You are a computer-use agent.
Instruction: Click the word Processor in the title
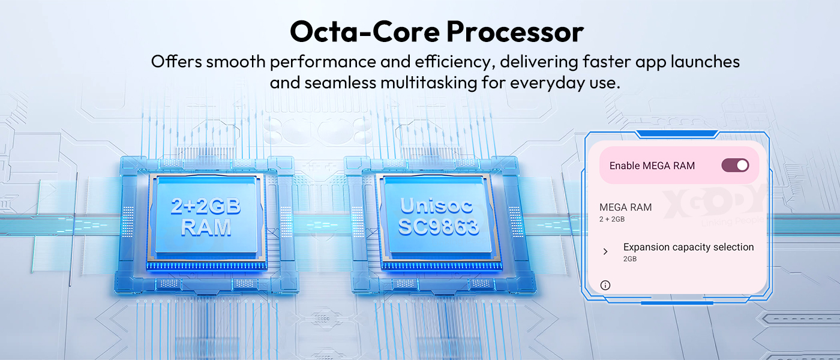click(x=515, y=32)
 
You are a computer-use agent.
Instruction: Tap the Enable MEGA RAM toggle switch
click(x=736, y=166)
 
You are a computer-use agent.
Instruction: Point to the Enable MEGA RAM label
click(x=652, y=166)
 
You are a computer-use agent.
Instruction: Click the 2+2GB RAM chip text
click(x=206, y=217)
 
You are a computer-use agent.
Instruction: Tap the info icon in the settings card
click(x=605, y=286)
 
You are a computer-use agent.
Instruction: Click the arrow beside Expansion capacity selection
click(x=605, y=251)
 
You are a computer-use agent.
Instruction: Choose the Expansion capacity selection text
click(x=689, y=247)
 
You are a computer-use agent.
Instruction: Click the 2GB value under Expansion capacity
click(x=630, y=259)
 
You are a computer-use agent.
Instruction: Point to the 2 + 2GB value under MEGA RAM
click(x=612, y=219)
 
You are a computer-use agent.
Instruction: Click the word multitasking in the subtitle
click(x=429, y=83)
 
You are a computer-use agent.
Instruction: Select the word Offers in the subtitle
click(x=176, y=61)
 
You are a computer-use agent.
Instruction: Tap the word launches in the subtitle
click(x=705, y=61)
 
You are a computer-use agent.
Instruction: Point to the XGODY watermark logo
click(x=715, y=203)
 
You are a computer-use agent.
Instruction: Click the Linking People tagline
click(x=733, y=221)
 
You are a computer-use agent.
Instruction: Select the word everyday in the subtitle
click(x=547, y=83)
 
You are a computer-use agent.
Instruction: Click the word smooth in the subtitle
click(x=236, y=61)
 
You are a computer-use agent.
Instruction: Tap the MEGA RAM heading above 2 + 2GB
click(x=625, y=207)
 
